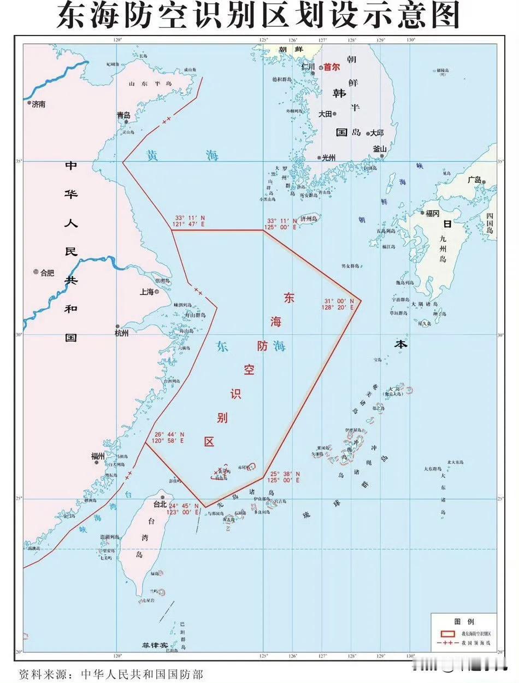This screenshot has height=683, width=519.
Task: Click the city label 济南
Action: [x=39, y=103]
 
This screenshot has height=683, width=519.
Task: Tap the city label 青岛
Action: [x=123, y=115]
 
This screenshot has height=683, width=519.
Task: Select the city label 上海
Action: [x=147, y=292]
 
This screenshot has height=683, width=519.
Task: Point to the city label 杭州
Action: [x=122, y=333]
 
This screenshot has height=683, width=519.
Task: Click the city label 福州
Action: [x=99, y=456]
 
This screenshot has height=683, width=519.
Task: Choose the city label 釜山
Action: [x=380, y=149]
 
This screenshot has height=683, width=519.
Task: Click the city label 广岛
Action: [x=475, y=179]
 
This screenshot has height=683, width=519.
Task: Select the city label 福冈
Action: [x=432, y=214]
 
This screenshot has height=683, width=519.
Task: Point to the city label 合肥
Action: [x=47, y=272]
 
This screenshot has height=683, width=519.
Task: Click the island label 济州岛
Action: [x=309, y=219]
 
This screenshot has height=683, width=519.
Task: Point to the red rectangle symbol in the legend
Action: [x=448, y=633]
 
